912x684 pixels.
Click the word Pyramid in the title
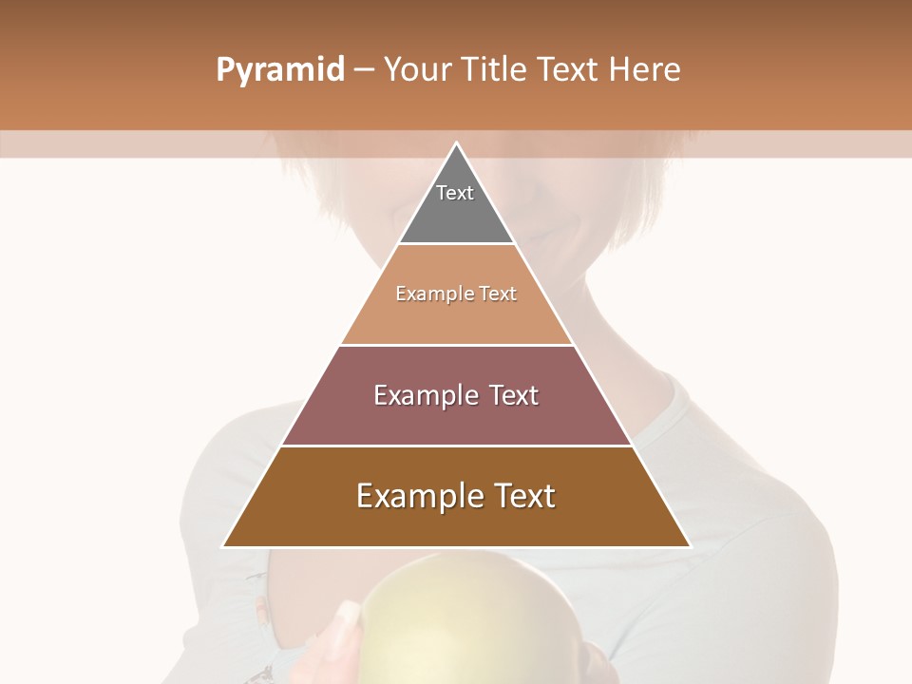[x=280, y=70]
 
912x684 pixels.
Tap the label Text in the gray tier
[x=455, y=193]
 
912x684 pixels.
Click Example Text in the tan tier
[x=456, y=294]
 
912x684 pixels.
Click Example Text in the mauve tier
[x=456, y=395]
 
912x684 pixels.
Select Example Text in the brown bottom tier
[x=456, y=496]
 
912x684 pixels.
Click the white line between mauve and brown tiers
[x=456, y=446]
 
